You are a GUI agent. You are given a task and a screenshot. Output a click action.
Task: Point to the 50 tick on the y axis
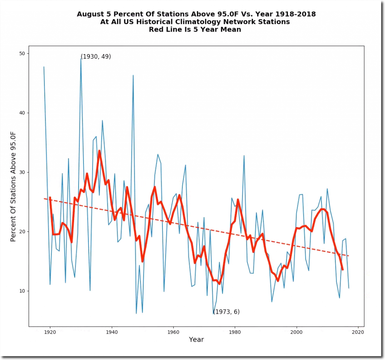(x=22, y=53)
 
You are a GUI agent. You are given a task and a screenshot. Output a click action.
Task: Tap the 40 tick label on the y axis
(x=22, y=113)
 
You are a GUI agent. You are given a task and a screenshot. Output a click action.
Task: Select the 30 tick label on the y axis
(x=22, y=172)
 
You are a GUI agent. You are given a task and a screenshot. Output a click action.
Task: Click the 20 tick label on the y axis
(x=22, y=231)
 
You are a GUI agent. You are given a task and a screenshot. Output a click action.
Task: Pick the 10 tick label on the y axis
(x=22, y=291)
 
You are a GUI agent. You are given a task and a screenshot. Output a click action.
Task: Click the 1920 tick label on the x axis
(x=50, y=332)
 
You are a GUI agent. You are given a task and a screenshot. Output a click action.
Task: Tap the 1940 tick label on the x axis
(x=111, y=332)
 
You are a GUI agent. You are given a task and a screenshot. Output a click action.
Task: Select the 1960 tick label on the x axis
(x=173, y=332)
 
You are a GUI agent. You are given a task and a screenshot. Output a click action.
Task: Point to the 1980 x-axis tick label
(x=235, y=332)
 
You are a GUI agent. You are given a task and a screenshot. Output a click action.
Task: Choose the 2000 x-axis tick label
(x=297, y=332)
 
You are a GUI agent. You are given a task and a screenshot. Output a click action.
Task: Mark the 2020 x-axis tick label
(x=358, y=332)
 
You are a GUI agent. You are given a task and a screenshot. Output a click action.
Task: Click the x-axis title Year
(x=196, y=340)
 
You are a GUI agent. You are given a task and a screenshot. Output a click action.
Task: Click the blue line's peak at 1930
(x=81, y=59)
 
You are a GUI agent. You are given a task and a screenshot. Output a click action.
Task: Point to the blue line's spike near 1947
(x=133, y=76)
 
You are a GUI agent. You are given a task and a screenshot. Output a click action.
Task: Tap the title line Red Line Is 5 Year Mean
(x=195, y=30)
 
